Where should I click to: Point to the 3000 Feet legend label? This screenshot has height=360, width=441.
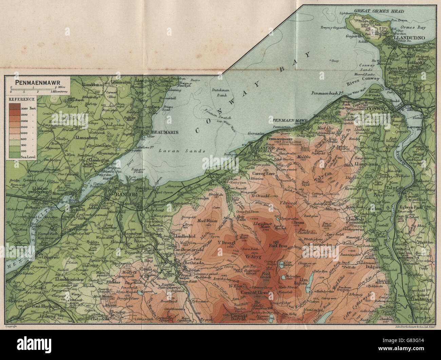pyautogui.click(x=30, y=108)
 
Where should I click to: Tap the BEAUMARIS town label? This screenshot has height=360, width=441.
pyautogui.click(x=157, y=133)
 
